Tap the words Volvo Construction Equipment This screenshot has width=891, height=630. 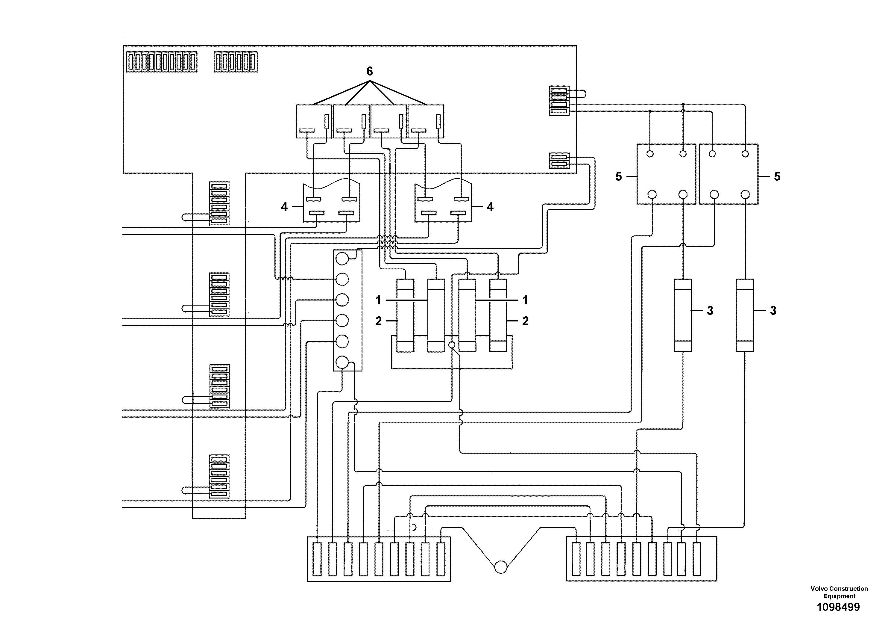click(839, 592)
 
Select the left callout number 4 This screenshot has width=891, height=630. click(284, 207)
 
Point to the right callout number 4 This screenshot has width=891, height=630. click(490, 207)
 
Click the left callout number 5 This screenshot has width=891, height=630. click(619, 176)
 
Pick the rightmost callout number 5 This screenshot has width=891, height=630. click(777, 176)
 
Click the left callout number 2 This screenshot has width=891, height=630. click(378, 321)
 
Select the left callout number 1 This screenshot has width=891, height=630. click(378, 300)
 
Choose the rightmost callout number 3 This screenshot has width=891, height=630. click(773, 310)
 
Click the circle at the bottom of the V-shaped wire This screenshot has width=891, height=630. click(501, 567)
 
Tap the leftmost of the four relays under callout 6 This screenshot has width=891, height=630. click(314, 121)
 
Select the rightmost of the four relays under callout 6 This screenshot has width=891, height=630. click(425, 121)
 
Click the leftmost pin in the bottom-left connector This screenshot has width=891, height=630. click(317, 559)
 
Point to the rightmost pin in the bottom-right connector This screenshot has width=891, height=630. click(696, 559)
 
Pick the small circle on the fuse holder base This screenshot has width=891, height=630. click(451, 345)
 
